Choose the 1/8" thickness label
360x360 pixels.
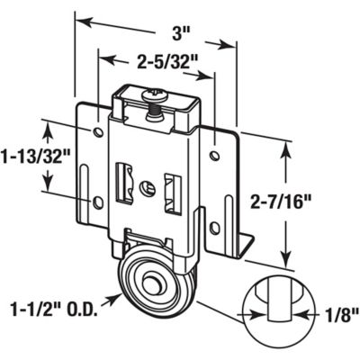(339, 314)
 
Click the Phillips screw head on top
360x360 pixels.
(155, 93)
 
